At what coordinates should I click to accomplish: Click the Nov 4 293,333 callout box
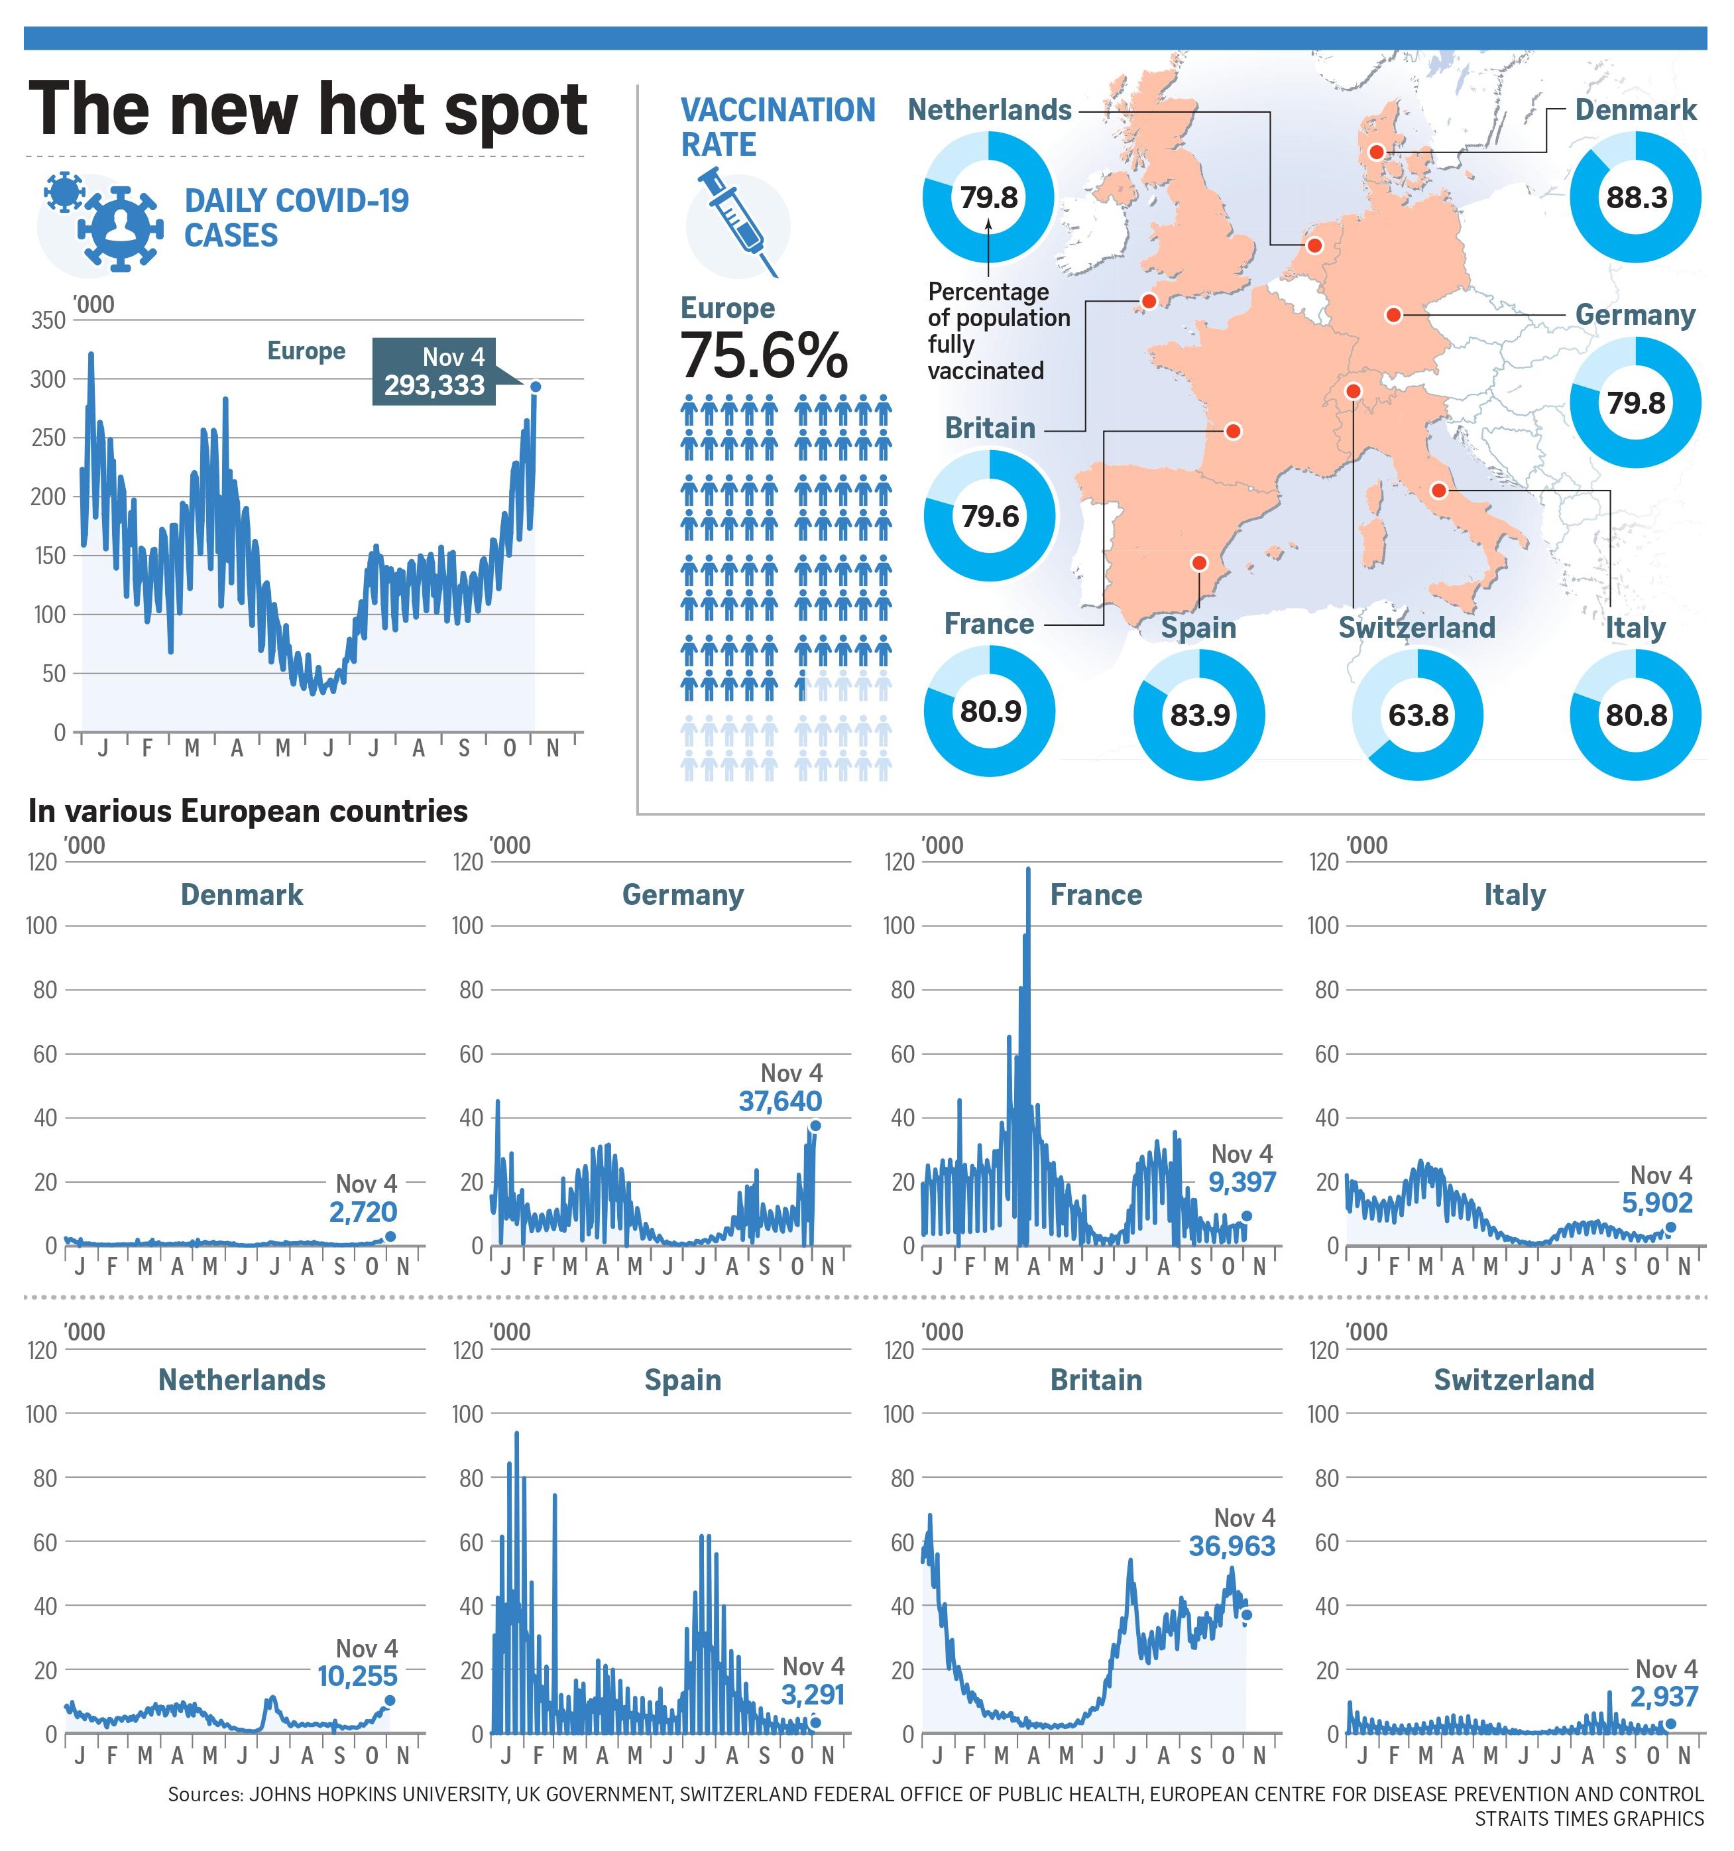pos(433,371)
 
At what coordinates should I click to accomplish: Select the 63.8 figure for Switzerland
pos(1418,715)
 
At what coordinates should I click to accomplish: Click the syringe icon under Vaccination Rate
pos(739,223)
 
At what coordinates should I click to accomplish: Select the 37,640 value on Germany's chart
pos(780,1101)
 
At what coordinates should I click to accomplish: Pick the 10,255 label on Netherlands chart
pos(357,1676)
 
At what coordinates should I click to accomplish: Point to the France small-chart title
pos(1096,895)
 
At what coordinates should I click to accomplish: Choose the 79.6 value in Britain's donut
pos(990,516)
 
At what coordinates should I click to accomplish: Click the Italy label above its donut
pos(1635,628)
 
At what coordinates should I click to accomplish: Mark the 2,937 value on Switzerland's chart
pos(1664,1697)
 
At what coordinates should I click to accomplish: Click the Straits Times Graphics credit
pos(1588,1819)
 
